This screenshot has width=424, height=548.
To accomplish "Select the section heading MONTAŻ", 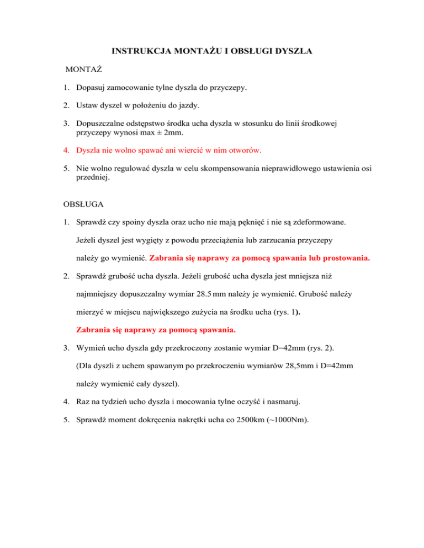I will click(x=84, y=70).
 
